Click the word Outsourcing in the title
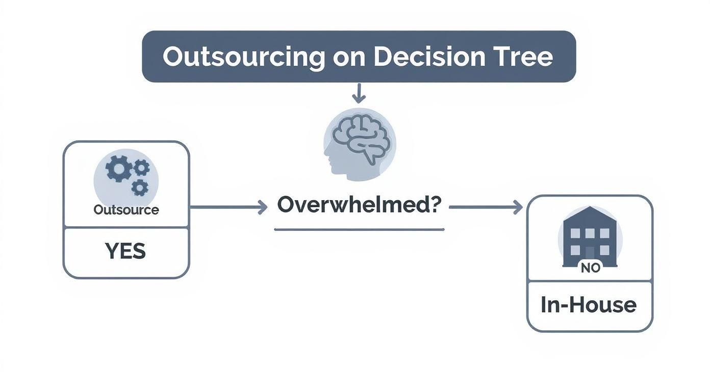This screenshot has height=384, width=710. [243, 57]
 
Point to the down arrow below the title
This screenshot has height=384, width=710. [359, 93]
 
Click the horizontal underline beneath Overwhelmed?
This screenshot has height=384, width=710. [359, 230]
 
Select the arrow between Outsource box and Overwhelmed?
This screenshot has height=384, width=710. [229, 207]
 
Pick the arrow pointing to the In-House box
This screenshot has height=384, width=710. [486, 207]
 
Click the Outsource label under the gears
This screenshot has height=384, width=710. [126, 210]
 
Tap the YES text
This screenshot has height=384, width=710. [125, 251]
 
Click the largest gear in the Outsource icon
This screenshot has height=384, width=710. [118, 169]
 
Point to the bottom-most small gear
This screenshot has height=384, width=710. [139, 187]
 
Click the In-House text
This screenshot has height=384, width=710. [589, 305]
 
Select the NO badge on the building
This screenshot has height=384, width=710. [590, 267]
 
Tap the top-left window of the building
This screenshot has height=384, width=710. [575, 233]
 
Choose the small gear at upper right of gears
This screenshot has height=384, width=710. [141, 167]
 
